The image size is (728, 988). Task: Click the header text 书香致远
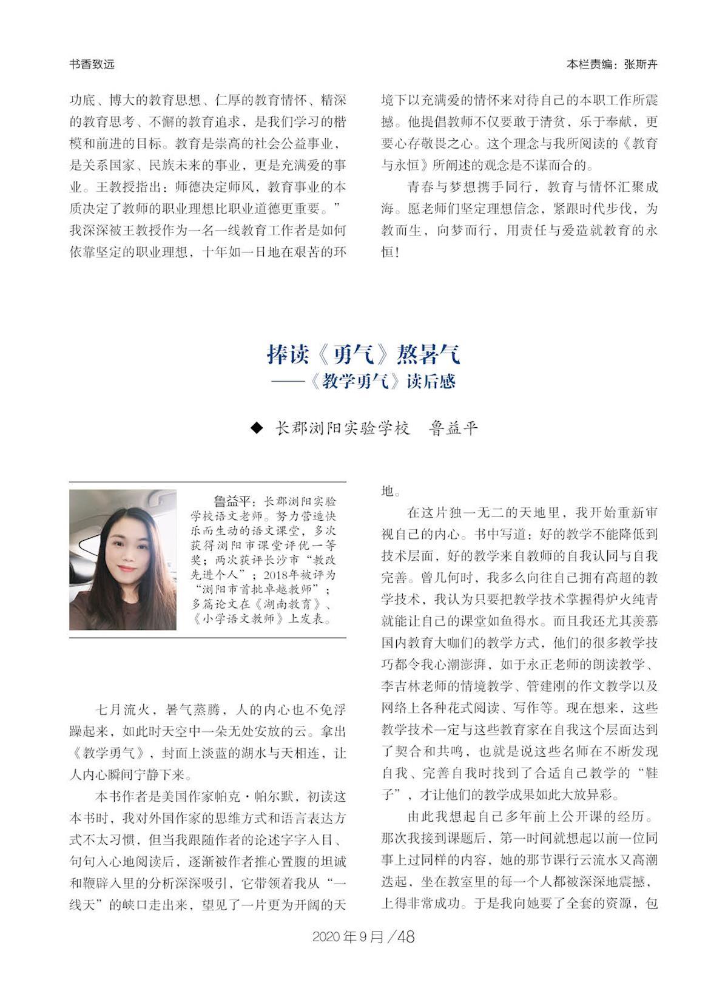(92, 64)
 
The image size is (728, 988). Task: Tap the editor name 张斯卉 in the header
(640, 64)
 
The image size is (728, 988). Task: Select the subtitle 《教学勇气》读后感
(382, 381)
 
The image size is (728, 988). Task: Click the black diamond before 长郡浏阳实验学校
(257, 428)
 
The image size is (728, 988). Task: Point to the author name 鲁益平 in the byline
(453, 428)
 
